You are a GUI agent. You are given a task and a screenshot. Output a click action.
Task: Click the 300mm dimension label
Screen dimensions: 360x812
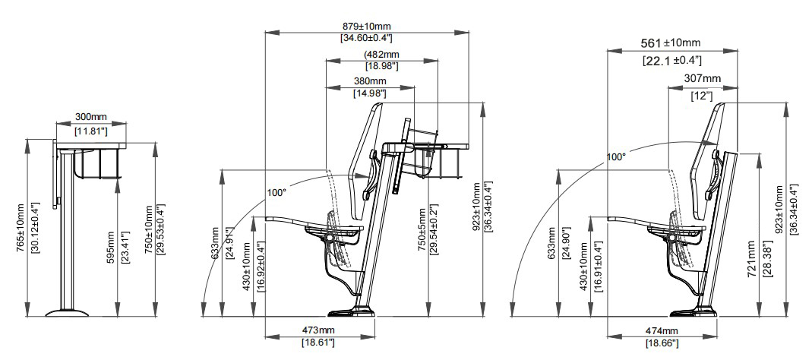(x=91, y=117)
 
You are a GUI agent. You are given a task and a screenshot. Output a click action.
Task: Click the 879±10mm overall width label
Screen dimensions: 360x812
(x=366, y=27)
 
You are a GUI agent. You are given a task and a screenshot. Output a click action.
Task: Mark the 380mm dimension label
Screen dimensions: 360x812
(x=369, y=81)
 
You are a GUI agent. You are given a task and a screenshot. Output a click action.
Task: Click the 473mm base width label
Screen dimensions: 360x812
(x=319, y=330)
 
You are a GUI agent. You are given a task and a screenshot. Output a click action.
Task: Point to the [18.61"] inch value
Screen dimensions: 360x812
(x=319, y=343)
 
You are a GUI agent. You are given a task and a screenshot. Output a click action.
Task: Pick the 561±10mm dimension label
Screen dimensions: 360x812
(x=668, y=43)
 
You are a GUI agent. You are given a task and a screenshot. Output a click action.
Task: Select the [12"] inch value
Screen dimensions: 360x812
(x=702, y=96)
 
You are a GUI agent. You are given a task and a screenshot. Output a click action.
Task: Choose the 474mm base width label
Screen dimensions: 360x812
(x=662, y=331)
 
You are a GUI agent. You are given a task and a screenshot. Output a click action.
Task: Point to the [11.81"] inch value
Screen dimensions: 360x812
(x=91, y=131)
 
